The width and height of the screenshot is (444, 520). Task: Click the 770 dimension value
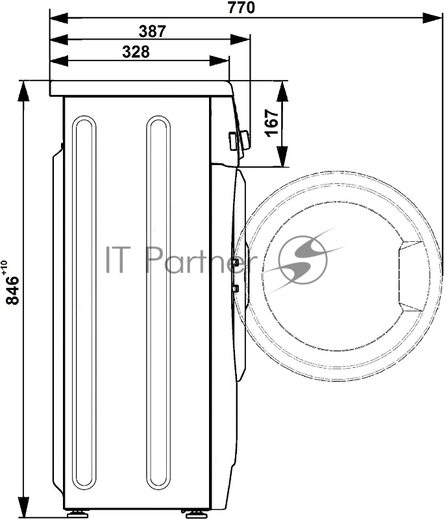pyautogui.click(x=241, y=7)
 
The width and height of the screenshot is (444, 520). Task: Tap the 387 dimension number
pyautogui.click(x=152, y=31)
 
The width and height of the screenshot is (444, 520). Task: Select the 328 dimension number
pyautogui.click(x=136, y=52)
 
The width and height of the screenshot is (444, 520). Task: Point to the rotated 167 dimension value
pyautogui.click(x=271, y=122)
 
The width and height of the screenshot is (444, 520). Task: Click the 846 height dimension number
pyautogui.click(x=13, y=291)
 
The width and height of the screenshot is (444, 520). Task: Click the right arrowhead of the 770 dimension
pyautogui.click(x=433, y=18)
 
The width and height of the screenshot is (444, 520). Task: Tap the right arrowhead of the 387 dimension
pyautogui.click(x=240, y=40)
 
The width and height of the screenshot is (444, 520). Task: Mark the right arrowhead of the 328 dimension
pyautogui.click(x=219, y=60)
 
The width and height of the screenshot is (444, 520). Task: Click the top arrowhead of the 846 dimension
pyautogui.click(x=24, y=90)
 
